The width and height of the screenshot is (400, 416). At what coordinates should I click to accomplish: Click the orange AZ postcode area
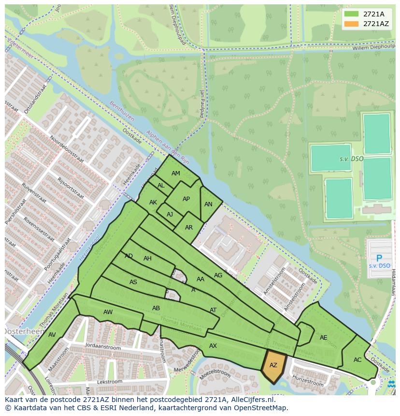[x=273, y=366]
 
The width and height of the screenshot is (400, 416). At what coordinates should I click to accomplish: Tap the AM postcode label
[x=176, y=173]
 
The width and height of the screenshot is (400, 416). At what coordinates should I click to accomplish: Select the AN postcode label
[x=208, y=204]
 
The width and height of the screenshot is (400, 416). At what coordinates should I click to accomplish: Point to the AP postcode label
[x=186, y=199]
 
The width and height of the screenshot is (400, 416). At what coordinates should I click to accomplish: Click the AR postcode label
[x=189, y=228]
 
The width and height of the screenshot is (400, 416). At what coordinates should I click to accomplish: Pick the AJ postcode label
[x=170, y=215]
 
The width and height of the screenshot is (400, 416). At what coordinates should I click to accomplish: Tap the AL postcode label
[x=161, y=186]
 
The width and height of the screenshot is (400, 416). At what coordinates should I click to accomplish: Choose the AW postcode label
[x=108, y=312]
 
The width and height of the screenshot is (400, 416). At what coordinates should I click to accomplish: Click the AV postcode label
[x=52, y=335]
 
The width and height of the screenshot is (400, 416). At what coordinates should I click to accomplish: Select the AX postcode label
[x=213, y=346]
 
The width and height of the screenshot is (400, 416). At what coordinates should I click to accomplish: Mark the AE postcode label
[x=323, y=338]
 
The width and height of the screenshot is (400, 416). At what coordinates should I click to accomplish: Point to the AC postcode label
[x=357, y=360]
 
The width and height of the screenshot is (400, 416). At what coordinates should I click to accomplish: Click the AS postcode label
[x=133, y=282]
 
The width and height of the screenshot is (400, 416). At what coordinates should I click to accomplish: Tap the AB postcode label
[x=156, y=308]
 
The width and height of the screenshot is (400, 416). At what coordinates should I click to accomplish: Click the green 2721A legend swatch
[x=352, y=14]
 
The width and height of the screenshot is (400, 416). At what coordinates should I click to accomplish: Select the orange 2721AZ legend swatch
[x=352, y=24]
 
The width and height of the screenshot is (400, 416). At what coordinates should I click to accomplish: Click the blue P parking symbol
[x=379, y=258]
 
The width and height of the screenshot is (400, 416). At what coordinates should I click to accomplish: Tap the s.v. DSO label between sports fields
[x=351, y=159]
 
